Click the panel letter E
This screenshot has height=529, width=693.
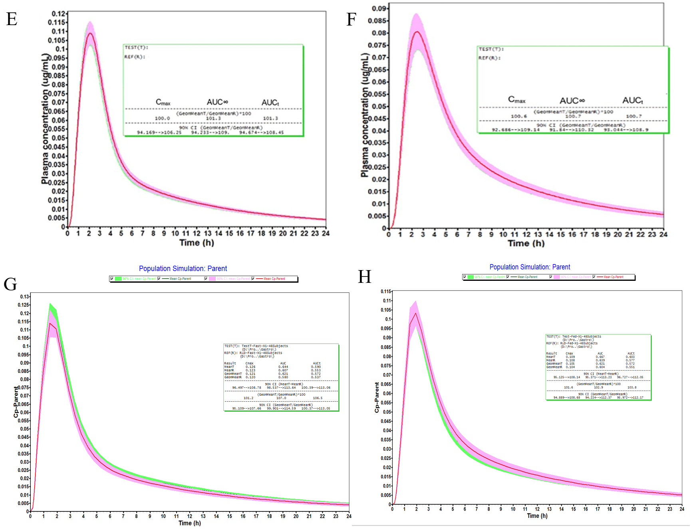coord(12,19)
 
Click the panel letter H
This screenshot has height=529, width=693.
coord(364,276)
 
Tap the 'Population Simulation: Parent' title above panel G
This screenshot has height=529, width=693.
coord(183,268)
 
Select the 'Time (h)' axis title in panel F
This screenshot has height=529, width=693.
coord(526,243)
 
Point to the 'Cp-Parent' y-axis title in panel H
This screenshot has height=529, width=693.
coord(377,397)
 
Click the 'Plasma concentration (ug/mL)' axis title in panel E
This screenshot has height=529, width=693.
coord(45,119)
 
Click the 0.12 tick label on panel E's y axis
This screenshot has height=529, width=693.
coord(59,14)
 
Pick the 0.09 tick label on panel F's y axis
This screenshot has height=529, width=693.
coord(379,8)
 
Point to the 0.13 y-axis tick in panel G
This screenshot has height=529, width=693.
coord(25,297)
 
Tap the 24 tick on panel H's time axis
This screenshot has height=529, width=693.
coord(682,509)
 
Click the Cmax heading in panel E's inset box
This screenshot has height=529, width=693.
coord(163,103)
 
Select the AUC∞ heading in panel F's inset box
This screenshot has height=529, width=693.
coord(572,101)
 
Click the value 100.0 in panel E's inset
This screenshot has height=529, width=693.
coord(162,118)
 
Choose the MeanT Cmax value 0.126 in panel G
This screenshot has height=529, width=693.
coord(250,367)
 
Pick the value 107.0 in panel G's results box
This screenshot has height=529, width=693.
coord(281,398)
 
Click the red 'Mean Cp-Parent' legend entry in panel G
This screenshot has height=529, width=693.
coord(274,279)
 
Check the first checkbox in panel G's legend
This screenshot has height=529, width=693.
coord(112,279)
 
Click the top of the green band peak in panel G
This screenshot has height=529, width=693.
coord(50,304)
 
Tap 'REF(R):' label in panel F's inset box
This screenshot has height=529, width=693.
coord(489,58)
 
